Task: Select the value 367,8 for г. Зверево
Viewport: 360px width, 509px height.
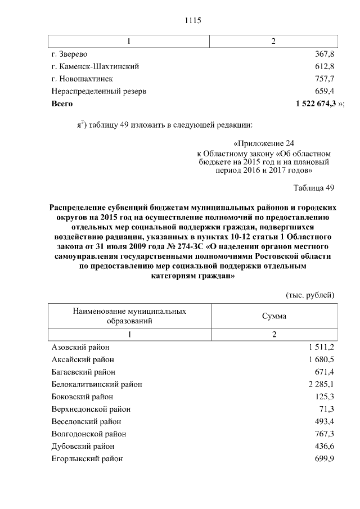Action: point(325,54)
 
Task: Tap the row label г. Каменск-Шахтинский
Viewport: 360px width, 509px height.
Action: point(95,66)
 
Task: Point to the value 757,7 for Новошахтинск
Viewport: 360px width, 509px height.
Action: point(325,79)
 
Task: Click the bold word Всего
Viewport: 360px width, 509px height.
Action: point(62,103)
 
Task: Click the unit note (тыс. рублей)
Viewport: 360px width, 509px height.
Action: point(310,295)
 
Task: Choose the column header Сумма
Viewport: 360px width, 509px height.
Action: point(274,316)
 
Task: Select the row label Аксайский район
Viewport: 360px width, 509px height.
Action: point(83,360)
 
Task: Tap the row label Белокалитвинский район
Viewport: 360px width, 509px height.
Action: point(96,385)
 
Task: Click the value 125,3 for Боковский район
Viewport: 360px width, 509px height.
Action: point(325,397)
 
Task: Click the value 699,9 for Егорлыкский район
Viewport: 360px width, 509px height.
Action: point(325,459)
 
